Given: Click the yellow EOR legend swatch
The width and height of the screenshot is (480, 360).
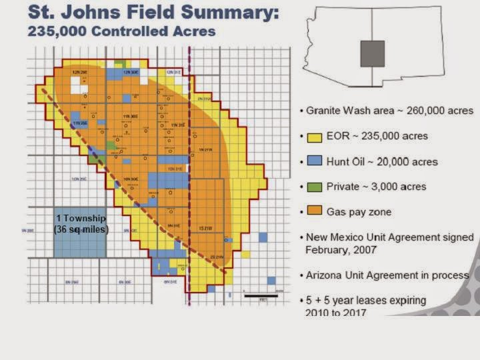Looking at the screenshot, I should (315, 137).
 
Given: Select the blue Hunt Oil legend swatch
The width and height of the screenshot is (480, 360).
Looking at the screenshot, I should (315, 161).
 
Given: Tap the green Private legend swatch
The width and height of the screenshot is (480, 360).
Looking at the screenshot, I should (315, 187).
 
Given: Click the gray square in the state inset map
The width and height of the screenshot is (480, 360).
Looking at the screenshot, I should (372, 53).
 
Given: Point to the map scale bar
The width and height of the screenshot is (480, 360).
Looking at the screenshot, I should (261, 295).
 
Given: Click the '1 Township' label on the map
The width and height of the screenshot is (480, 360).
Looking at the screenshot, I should (80, 219).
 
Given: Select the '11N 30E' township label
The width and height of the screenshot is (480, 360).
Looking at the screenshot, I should (130, 117).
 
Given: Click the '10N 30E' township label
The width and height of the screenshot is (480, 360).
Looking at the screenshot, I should (129, 179).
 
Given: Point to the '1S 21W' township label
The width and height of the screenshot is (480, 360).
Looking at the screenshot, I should (205, 229).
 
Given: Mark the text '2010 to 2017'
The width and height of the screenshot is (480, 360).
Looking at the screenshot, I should (335, 313).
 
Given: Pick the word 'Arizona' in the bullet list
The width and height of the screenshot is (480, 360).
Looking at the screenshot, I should (325, 275).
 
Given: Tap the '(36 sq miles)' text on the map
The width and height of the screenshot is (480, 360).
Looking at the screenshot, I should (80, 229).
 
